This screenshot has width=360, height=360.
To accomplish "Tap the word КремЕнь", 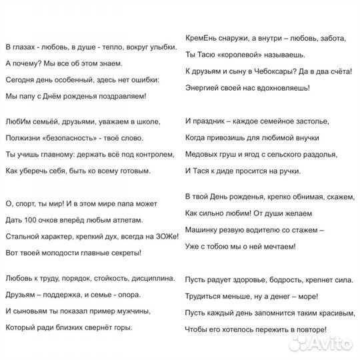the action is (199, 38).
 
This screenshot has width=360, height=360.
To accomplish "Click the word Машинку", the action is (203, 230).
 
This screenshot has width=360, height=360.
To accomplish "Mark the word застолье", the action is (315, 123).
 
